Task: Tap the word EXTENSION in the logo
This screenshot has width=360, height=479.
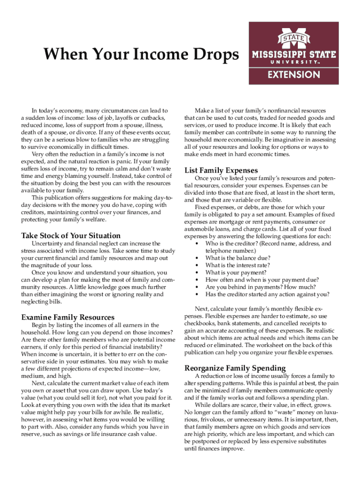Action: [x=294, y=74]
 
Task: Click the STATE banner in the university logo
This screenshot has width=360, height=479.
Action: [x=293, y=37]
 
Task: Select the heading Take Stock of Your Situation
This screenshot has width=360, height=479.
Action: [x=71, y=236]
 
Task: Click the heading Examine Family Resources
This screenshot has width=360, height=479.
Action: [x=67, y=318]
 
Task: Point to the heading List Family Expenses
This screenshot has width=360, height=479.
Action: [x=221, y=170]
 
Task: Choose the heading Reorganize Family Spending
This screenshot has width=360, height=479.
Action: [x=235, y=367]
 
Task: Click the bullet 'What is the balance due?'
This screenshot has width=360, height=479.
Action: [x=238, y=258]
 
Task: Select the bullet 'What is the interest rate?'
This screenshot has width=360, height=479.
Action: [x=237, y=265]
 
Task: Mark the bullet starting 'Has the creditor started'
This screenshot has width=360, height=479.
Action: [x=267, y=294]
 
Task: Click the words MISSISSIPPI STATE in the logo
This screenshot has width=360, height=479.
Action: [x=294, y=54]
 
